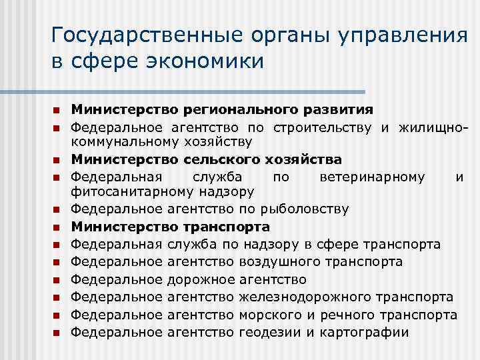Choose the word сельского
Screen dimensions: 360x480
213,159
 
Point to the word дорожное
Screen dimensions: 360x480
199,278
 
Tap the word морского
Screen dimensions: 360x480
269,314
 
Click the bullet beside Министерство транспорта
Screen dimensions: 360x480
57,227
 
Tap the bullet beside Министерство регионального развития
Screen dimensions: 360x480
57,109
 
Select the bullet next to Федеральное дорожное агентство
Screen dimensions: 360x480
57,279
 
